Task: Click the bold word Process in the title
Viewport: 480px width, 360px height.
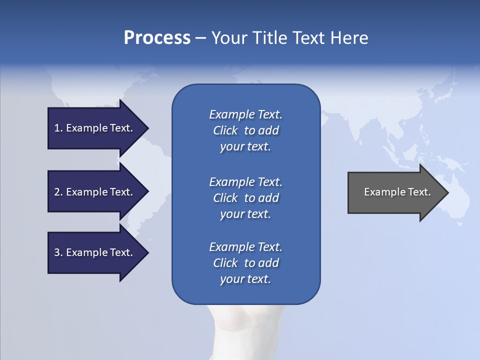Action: coord(157,38)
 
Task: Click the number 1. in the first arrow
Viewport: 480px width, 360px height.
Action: coord(58,128)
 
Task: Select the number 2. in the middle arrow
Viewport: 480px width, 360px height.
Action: coord(58,192)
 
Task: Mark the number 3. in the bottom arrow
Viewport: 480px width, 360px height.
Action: coord(58,252)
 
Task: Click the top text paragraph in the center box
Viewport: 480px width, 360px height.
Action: coord(245,130)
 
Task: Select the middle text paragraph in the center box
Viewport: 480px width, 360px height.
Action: coord(245,198)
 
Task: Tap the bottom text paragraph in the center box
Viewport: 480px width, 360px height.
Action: coord(245,263)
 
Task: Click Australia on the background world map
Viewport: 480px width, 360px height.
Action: coord(457,200)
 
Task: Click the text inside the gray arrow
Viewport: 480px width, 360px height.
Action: coord(397,192)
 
